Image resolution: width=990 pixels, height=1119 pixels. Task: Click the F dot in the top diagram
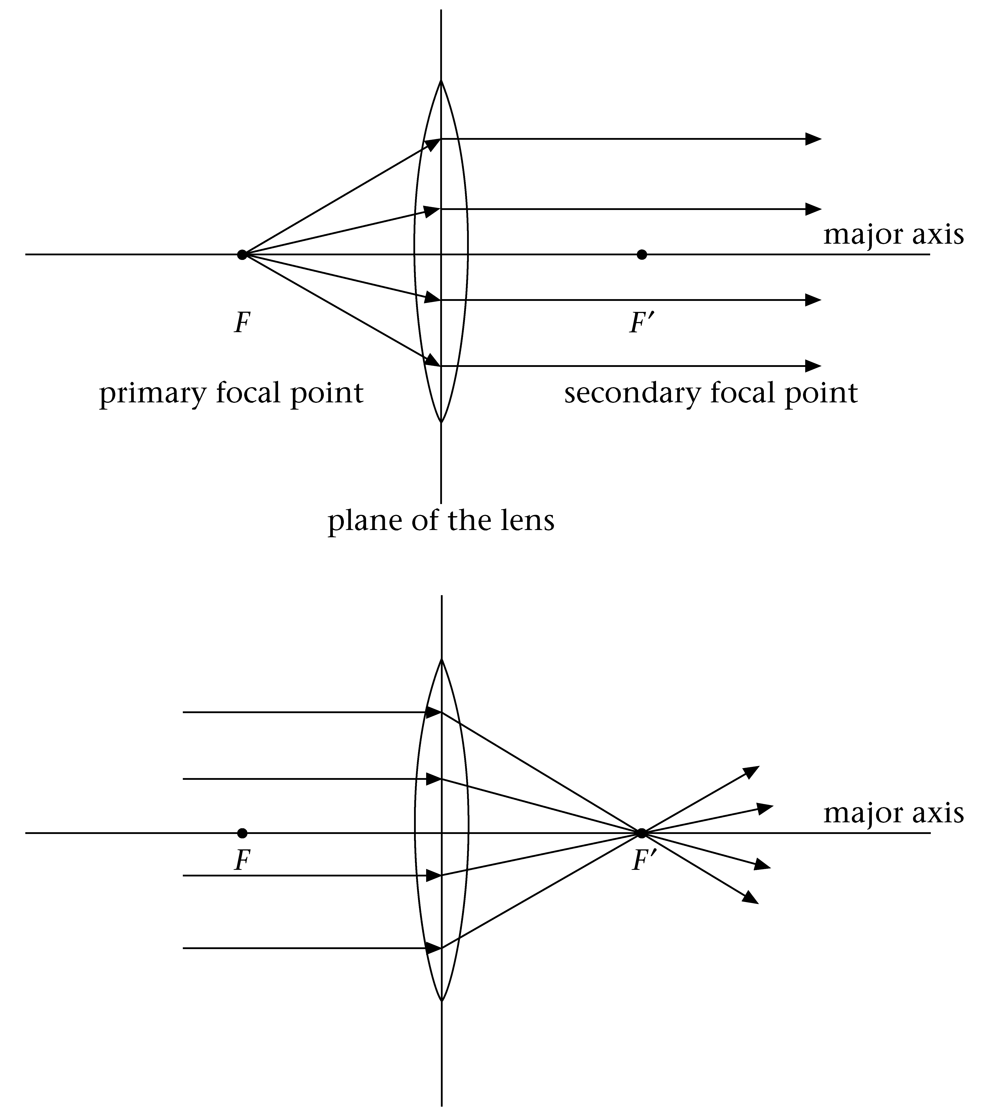point(242,255)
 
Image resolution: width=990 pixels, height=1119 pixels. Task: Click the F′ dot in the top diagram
point(642,255)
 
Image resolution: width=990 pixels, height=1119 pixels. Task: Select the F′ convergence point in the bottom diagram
point(641,833)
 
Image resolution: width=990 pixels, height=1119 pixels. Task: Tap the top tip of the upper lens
point(441,81)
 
